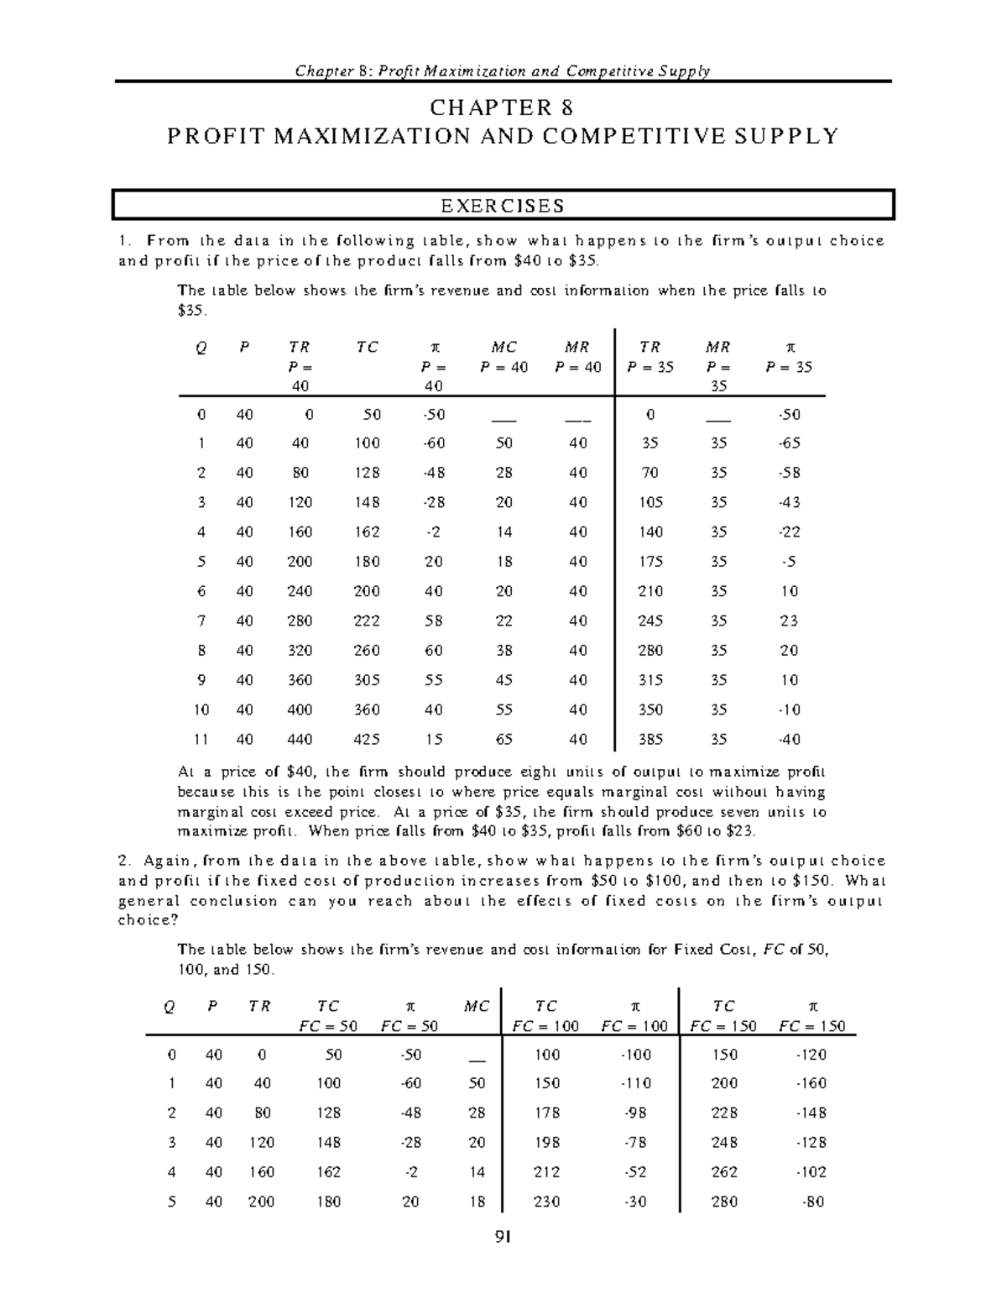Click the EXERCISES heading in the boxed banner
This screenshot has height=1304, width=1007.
503,206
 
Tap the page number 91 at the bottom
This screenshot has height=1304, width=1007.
503,1237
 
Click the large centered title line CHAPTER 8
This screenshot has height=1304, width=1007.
503,107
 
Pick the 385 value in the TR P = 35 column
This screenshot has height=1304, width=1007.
650,740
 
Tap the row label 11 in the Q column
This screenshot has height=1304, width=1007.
201,740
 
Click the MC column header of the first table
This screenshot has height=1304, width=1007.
503,348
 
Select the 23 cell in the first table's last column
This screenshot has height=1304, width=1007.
789,621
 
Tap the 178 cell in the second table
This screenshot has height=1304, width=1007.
547,1113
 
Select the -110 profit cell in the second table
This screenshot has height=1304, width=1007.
635,1083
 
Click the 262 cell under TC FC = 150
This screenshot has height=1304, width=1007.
724,1172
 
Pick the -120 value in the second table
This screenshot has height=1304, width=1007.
812,1054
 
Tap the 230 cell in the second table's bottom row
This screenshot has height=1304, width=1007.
547,1202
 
